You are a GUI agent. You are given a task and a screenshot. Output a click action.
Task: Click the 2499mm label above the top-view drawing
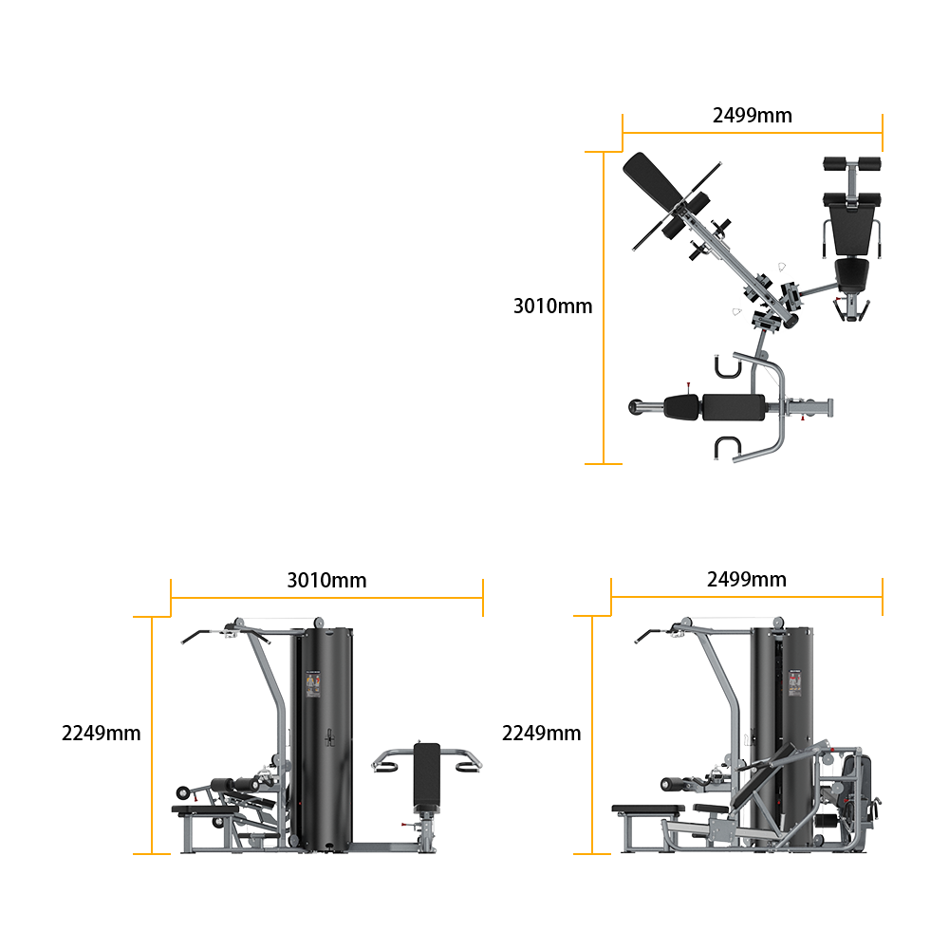click(x=752, y=115)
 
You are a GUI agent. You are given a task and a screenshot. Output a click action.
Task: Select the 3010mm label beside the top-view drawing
click(x=552, y=306)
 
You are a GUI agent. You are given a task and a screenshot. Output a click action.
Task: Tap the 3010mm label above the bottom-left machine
click(x=326, y=580)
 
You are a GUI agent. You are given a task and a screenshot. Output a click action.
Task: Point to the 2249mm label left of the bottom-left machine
click(x=102, y=733)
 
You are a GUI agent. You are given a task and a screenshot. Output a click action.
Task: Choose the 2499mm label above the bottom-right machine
click(x=746, y=579)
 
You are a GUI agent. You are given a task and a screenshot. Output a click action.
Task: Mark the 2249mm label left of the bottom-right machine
click(x=541, y=733)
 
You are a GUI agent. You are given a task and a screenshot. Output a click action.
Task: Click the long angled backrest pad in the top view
click(x=653, y=181)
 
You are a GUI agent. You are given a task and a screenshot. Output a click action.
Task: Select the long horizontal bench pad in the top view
click(x=734, y=407)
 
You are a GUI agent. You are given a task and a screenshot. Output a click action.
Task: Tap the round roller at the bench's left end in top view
click(x=636, y=407)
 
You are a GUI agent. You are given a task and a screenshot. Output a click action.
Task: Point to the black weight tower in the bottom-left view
click(x=322, y=739)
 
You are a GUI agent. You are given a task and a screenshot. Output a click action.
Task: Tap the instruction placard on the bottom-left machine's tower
click(x=312, y=684)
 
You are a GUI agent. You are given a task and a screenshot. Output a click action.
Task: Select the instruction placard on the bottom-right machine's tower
click(x=794, y=682)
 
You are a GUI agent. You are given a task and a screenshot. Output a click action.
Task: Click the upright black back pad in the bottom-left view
click(x=427, y=778)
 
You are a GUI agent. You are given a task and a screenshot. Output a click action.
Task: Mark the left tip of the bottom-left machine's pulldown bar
click(x=183, y=642)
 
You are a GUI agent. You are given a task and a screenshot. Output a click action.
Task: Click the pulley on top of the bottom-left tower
click(x=318, y=623)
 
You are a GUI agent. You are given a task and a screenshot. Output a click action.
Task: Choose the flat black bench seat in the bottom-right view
click(x=648, y=809)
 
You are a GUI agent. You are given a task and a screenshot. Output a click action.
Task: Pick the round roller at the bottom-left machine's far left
click(x=182, y=792)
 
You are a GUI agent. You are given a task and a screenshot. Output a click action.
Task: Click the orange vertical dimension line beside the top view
click(x=604, y=307)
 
